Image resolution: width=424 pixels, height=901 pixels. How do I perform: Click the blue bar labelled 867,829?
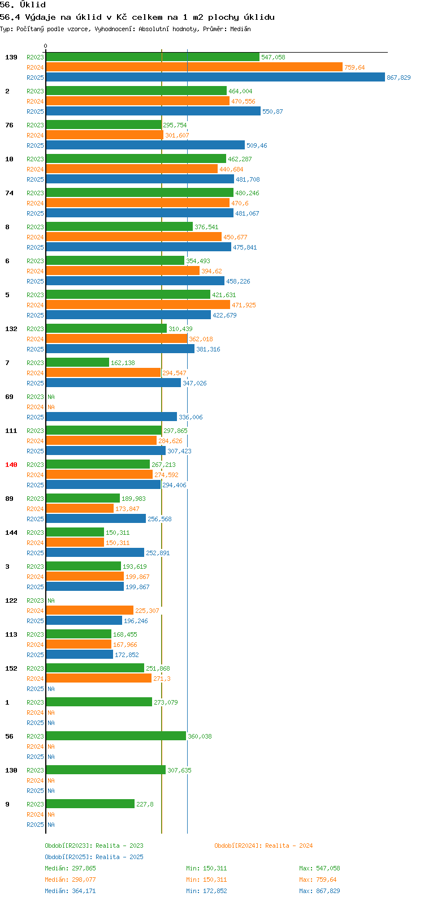pos(215,77)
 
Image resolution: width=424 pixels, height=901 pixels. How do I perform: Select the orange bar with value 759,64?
pos(194,67)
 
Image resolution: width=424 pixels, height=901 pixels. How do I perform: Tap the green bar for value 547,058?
pos(153,57)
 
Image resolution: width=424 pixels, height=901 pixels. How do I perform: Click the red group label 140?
pos(11,465)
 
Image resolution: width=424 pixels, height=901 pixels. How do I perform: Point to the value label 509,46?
pos(257,145)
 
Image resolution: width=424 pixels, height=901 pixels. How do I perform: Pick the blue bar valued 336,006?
pos(111,417)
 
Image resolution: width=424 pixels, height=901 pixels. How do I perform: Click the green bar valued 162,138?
pos(77,362)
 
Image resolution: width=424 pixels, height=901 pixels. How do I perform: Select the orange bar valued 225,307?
pos(90,610)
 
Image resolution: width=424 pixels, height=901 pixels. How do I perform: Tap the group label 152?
pos(11,668)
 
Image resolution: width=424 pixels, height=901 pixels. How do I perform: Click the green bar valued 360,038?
pos(116,736)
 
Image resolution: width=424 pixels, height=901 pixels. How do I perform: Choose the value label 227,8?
pos(145,804)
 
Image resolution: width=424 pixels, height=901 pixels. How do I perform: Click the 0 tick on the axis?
pos(45,46)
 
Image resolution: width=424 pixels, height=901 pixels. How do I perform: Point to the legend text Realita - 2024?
pos(289,846)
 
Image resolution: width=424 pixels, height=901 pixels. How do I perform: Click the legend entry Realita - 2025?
pos(119,857)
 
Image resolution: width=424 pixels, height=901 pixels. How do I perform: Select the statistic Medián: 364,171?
pos(70,891)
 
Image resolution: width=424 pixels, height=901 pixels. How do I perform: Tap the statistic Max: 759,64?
pos(318,879)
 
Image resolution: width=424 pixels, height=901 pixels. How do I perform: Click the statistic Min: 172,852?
pos(206,891)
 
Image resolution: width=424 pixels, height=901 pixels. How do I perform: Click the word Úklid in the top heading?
pos(33,5)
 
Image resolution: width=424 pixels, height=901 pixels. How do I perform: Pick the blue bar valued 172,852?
pos(80,654)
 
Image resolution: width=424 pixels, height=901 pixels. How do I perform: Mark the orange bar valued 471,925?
pos(139,305)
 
